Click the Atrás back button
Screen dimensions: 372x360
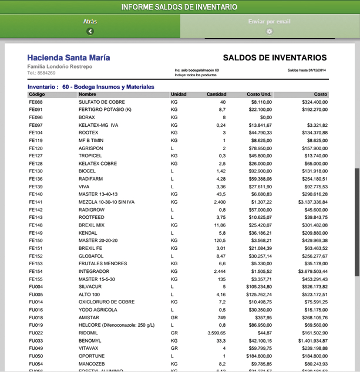[90, 26]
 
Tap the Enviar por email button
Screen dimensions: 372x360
[270, 26]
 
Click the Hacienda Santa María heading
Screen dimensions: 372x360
[68, 58]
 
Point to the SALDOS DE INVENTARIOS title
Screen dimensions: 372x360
[275, 58]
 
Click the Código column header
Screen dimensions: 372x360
[36, 94]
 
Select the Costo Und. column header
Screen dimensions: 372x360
[259, 94]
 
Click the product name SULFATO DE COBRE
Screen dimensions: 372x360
[99, 102]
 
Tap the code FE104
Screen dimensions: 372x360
[36, 133]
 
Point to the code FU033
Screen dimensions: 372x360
[36, 340]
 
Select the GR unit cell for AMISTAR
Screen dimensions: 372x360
[174, 317]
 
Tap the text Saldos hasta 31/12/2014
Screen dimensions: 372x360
[307, 70]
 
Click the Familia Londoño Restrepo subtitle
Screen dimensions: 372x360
[59, 66]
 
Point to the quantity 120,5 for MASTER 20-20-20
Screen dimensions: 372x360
[219, 241]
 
